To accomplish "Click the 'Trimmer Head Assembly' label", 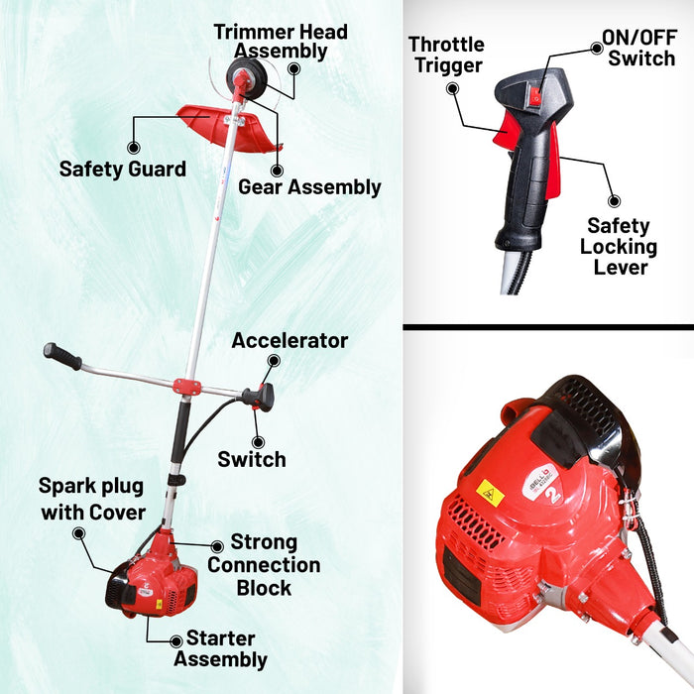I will pos(281,41).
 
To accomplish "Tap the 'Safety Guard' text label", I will pos(122,169).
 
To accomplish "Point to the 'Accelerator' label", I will pos(289,341).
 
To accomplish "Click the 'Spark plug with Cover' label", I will pos(91,499).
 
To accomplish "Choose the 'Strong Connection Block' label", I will pos(264,565).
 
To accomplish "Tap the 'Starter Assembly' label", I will pos(220,648).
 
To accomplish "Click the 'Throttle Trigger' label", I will pos(446,55).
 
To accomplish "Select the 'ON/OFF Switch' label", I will pos(640,48).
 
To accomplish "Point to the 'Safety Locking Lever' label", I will pos(619,246).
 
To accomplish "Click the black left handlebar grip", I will pos(61,356).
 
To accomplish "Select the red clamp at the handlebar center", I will pos(184,386).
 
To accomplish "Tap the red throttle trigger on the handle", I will pos(510,135).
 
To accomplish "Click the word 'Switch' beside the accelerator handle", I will pos(252,459).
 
